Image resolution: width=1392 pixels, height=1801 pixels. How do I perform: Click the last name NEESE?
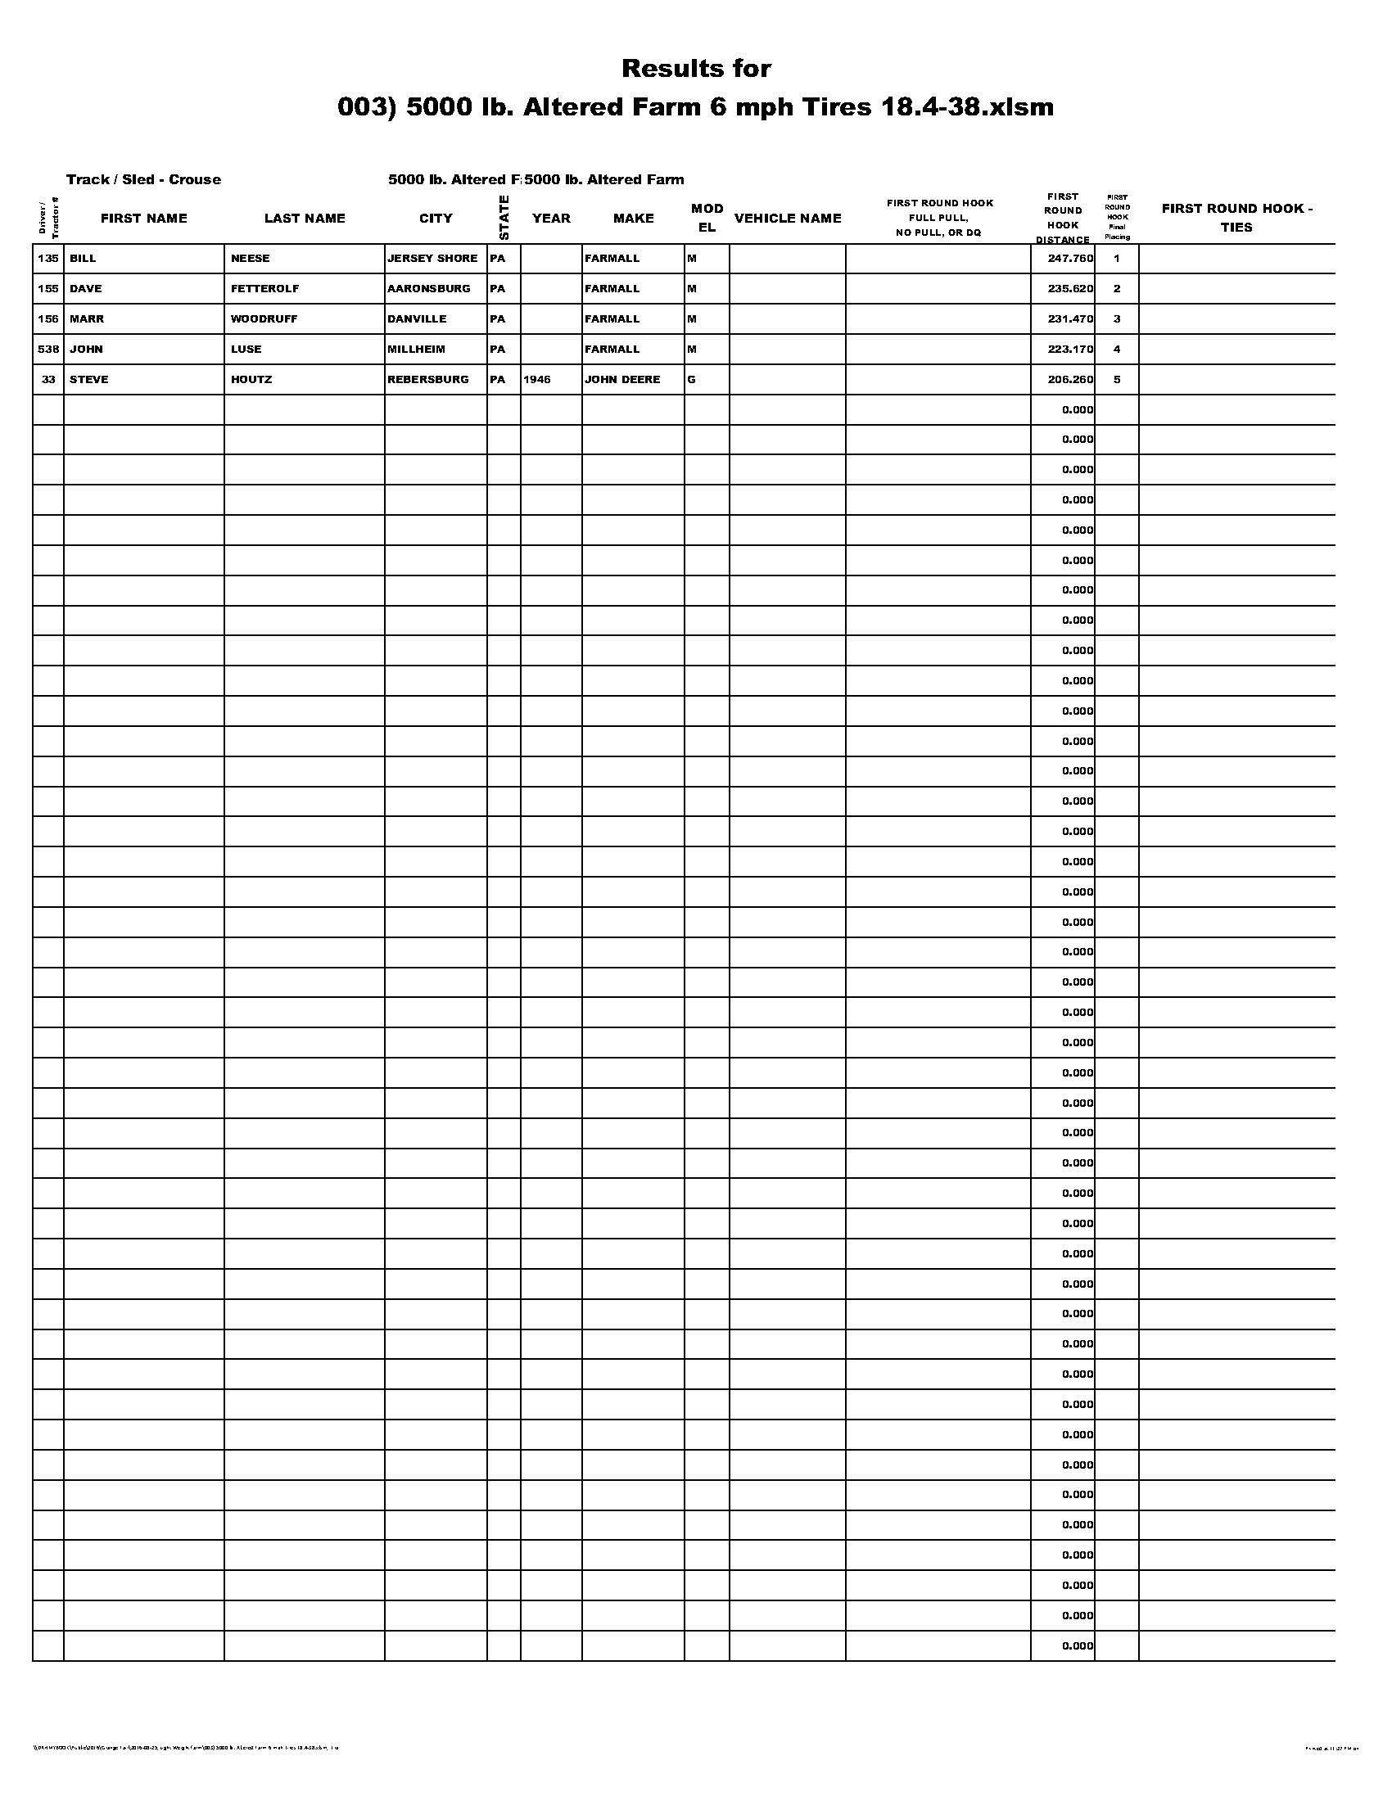coord(250,258)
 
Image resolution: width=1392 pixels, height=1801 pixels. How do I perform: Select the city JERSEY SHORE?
coord(432,258)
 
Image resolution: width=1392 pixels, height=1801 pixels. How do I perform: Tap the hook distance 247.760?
coord(1069,258)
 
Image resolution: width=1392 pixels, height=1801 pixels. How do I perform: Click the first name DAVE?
coord(85,289)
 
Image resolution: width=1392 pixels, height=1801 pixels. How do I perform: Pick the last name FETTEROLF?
coord(264,289)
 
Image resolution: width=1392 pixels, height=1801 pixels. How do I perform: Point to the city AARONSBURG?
coord(429,289)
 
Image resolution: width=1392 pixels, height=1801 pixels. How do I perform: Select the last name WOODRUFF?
coord(264,319)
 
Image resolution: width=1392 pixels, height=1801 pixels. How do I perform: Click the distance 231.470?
coord(1069,319)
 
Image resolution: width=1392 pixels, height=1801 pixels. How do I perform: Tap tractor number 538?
coord(48,349)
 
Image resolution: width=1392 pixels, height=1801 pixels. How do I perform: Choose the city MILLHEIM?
coord(417,349)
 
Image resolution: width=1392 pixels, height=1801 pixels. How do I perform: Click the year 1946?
coord(537,379)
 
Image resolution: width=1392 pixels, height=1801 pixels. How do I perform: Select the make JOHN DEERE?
coord(621,379)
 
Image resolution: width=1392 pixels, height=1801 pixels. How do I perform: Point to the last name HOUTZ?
coord(251,379)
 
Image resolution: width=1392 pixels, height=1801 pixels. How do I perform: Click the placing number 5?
coord(1117,379)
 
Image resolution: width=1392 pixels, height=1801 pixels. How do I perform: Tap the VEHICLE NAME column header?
coord(788,219)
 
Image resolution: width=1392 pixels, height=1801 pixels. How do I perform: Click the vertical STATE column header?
coord(504,218)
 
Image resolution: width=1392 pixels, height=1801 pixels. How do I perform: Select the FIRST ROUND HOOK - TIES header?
coord(1236,218)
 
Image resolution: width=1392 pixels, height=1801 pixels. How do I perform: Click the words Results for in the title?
coord(696,69)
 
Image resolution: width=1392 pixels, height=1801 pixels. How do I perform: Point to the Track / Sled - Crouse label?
coord(143,180)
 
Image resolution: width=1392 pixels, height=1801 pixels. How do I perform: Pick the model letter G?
coord(691,379)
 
